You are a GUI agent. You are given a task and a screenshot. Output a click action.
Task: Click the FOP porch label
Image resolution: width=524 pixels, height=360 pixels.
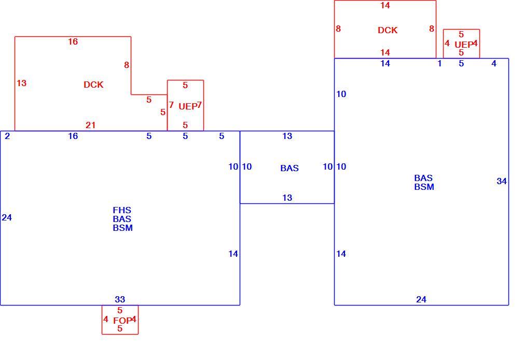coord(122,321)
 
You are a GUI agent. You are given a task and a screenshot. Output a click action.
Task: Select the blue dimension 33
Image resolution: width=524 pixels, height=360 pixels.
coord(120,299)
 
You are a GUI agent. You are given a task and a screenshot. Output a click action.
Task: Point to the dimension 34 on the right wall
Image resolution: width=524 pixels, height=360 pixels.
coord(502,181)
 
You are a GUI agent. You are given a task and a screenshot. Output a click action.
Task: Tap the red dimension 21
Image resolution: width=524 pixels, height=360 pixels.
coord(91,125)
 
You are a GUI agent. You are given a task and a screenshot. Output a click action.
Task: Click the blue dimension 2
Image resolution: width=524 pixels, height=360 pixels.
coord(7,136)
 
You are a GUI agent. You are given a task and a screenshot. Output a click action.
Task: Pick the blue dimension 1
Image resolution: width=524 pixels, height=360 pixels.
coord(440,63)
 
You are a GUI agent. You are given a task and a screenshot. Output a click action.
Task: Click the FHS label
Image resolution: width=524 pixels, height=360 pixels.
coord(122,210)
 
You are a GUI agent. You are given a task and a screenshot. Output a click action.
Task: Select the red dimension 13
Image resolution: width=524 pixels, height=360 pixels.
coord(22,83)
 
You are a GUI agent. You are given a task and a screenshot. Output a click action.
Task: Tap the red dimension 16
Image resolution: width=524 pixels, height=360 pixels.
coord(73,41)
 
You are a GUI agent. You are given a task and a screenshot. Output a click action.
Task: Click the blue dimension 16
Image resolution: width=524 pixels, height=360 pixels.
coord(73,136)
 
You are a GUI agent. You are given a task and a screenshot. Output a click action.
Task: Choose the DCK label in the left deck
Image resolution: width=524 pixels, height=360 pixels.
coord(93,85)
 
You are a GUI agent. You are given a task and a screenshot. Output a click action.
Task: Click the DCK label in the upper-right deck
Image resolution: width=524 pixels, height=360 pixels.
coord(388,30)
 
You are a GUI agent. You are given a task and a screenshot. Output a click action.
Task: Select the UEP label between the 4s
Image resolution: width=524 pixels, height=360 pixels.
coord(463,45)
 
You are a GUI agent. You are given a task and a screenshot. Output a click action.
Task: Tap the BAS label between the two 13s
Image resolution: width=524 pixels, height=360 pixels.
coord(289,168)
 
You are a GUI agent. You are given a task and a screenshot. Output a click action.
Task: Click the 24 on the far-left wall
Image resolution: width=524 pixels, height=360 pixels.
coord(7,217)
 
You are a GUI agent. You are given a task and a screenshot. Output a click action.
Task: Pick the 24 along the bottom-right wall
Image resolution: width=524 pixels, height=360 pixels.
coord(421,299)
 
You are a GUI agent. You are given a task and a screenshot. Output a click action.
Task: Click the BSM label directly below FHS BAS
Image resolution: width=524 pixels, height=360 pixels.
coord(122,228)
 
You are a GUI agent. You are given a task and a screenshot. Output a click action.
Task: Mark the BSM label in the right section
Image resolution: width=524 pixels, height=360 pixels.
coord(424,187)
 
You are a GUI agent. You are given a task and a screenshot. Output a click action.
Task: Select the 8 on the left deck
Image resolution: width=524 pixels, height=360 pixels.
coord(126,65)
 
